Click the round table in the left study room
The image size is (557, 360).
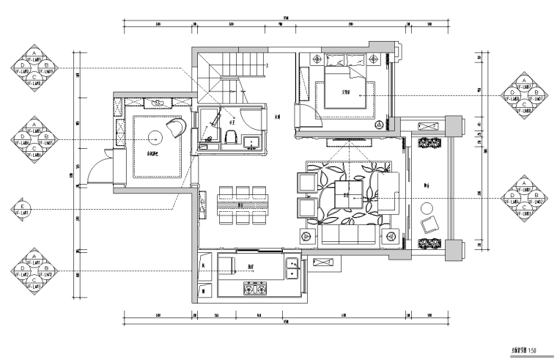pyautogui.click(x=155, y=136)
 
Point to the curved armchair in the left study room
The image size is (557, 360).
pyautogui.click(x=175, y=128)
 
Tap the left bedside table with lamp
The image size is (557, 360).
pyautogui.click(x=317, y=58)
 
